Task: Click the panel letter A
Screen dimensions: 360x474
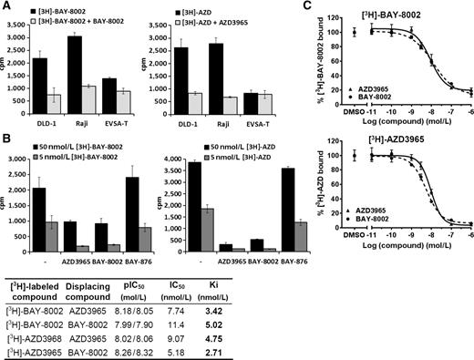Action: (6, 7)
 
